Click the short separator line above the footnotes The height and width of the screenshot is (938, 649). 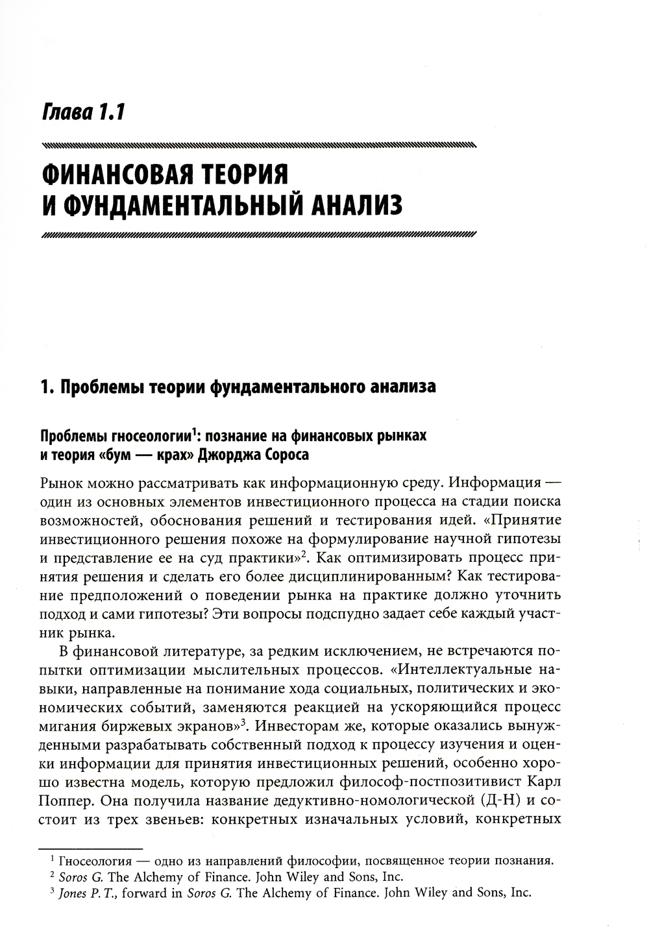tap(90, 848)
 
